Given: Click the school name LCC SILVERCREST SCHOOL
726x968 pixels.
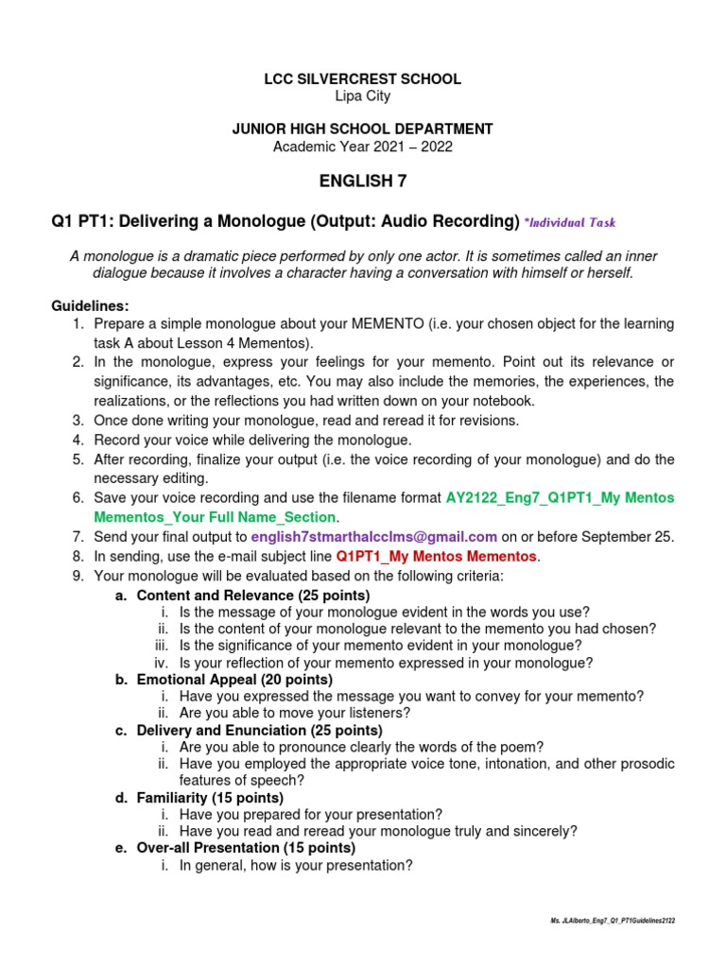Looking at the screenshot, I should pyautogui.click(x=363, y=79).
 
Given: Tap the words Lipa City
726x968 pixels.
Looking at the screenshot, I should pyautogui.click(x=363, y=96).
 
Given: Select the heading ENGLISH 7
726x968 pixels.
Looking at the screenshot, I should pyautogui.click(x=363, y=182).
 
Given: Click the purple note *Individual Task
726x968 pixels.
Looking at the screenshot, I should pyautogui.click(x=571, y=223).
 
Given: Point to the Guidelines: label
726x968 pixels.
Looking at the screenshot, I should pyautogui.click(x=90, y=306).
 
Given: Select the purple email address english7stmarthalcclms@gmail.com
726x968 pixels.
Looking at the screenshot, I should pyautogui.click(x=373, y=537).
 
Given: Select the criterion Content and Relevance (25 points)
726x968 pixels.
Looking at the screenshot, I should pyautogui.click(x=253, y=596).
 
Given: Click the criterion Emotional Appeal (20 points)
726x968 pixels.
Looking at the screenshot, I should pyautogui.click(x=234, y=680).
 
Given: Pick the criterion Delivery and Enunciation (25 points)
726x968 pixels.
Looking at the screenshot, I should pyautogui.click(x=259, y=731).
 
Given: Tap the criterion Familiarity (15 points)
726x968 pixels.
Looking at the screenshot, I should pyautogui.click(x=210, y=798).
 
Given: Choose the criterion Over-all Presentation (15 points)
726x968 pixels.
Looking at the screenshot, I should pyautogui.click(x=246, y=848).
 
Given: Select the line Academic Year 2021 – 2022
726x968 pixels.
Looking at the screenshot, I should pyautogui.click(x=363, y=146).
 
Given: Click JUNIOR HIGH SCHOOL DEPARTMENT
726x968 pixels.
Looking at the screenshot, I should pyautogui.click(x=363, y=129).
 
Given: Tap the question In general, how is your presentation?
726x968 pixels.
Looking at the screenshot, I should pyautogui.click(x=296, y=865).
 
